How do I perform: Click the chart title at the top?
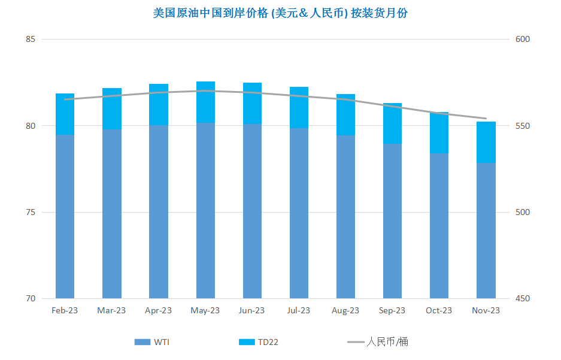coord(280,13)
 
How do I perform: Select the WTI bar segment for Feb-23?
coord(65,216)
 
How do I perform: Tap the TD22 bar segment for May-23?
coord(205,102)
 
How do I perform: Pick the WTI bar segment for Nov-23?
coord(486,231)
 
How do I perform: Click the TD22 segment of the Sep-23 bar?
coord(392,123)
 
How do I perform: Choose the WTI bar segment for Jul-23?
coord(299,213)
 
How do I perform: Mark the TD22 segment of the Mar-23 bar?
coord(111,109)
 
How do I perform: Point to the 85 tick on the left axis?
coord(31,39)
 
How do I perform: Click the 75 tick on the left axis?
coord(31,212)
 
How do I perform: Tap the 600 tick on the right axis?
coord(522,39)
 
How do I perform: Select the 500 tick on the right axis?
coord(522,212)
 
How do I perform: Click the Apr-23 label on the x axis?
coord(158,310)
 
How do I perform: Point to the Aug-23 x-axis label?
coord(345,310)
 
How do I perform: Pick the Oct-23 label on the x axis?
coord(439,310)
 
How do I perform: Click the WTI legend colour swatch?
coord(142,342)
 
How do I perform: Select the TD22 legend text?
coord(268,342)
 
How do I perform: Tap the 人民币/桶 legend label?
coord(387,342)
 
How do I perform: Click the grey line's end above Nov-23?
coord(486,119)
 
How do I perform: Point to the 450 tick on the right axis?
coord(522,298)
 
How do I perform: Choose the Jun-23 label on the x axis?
coord(251,310)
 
